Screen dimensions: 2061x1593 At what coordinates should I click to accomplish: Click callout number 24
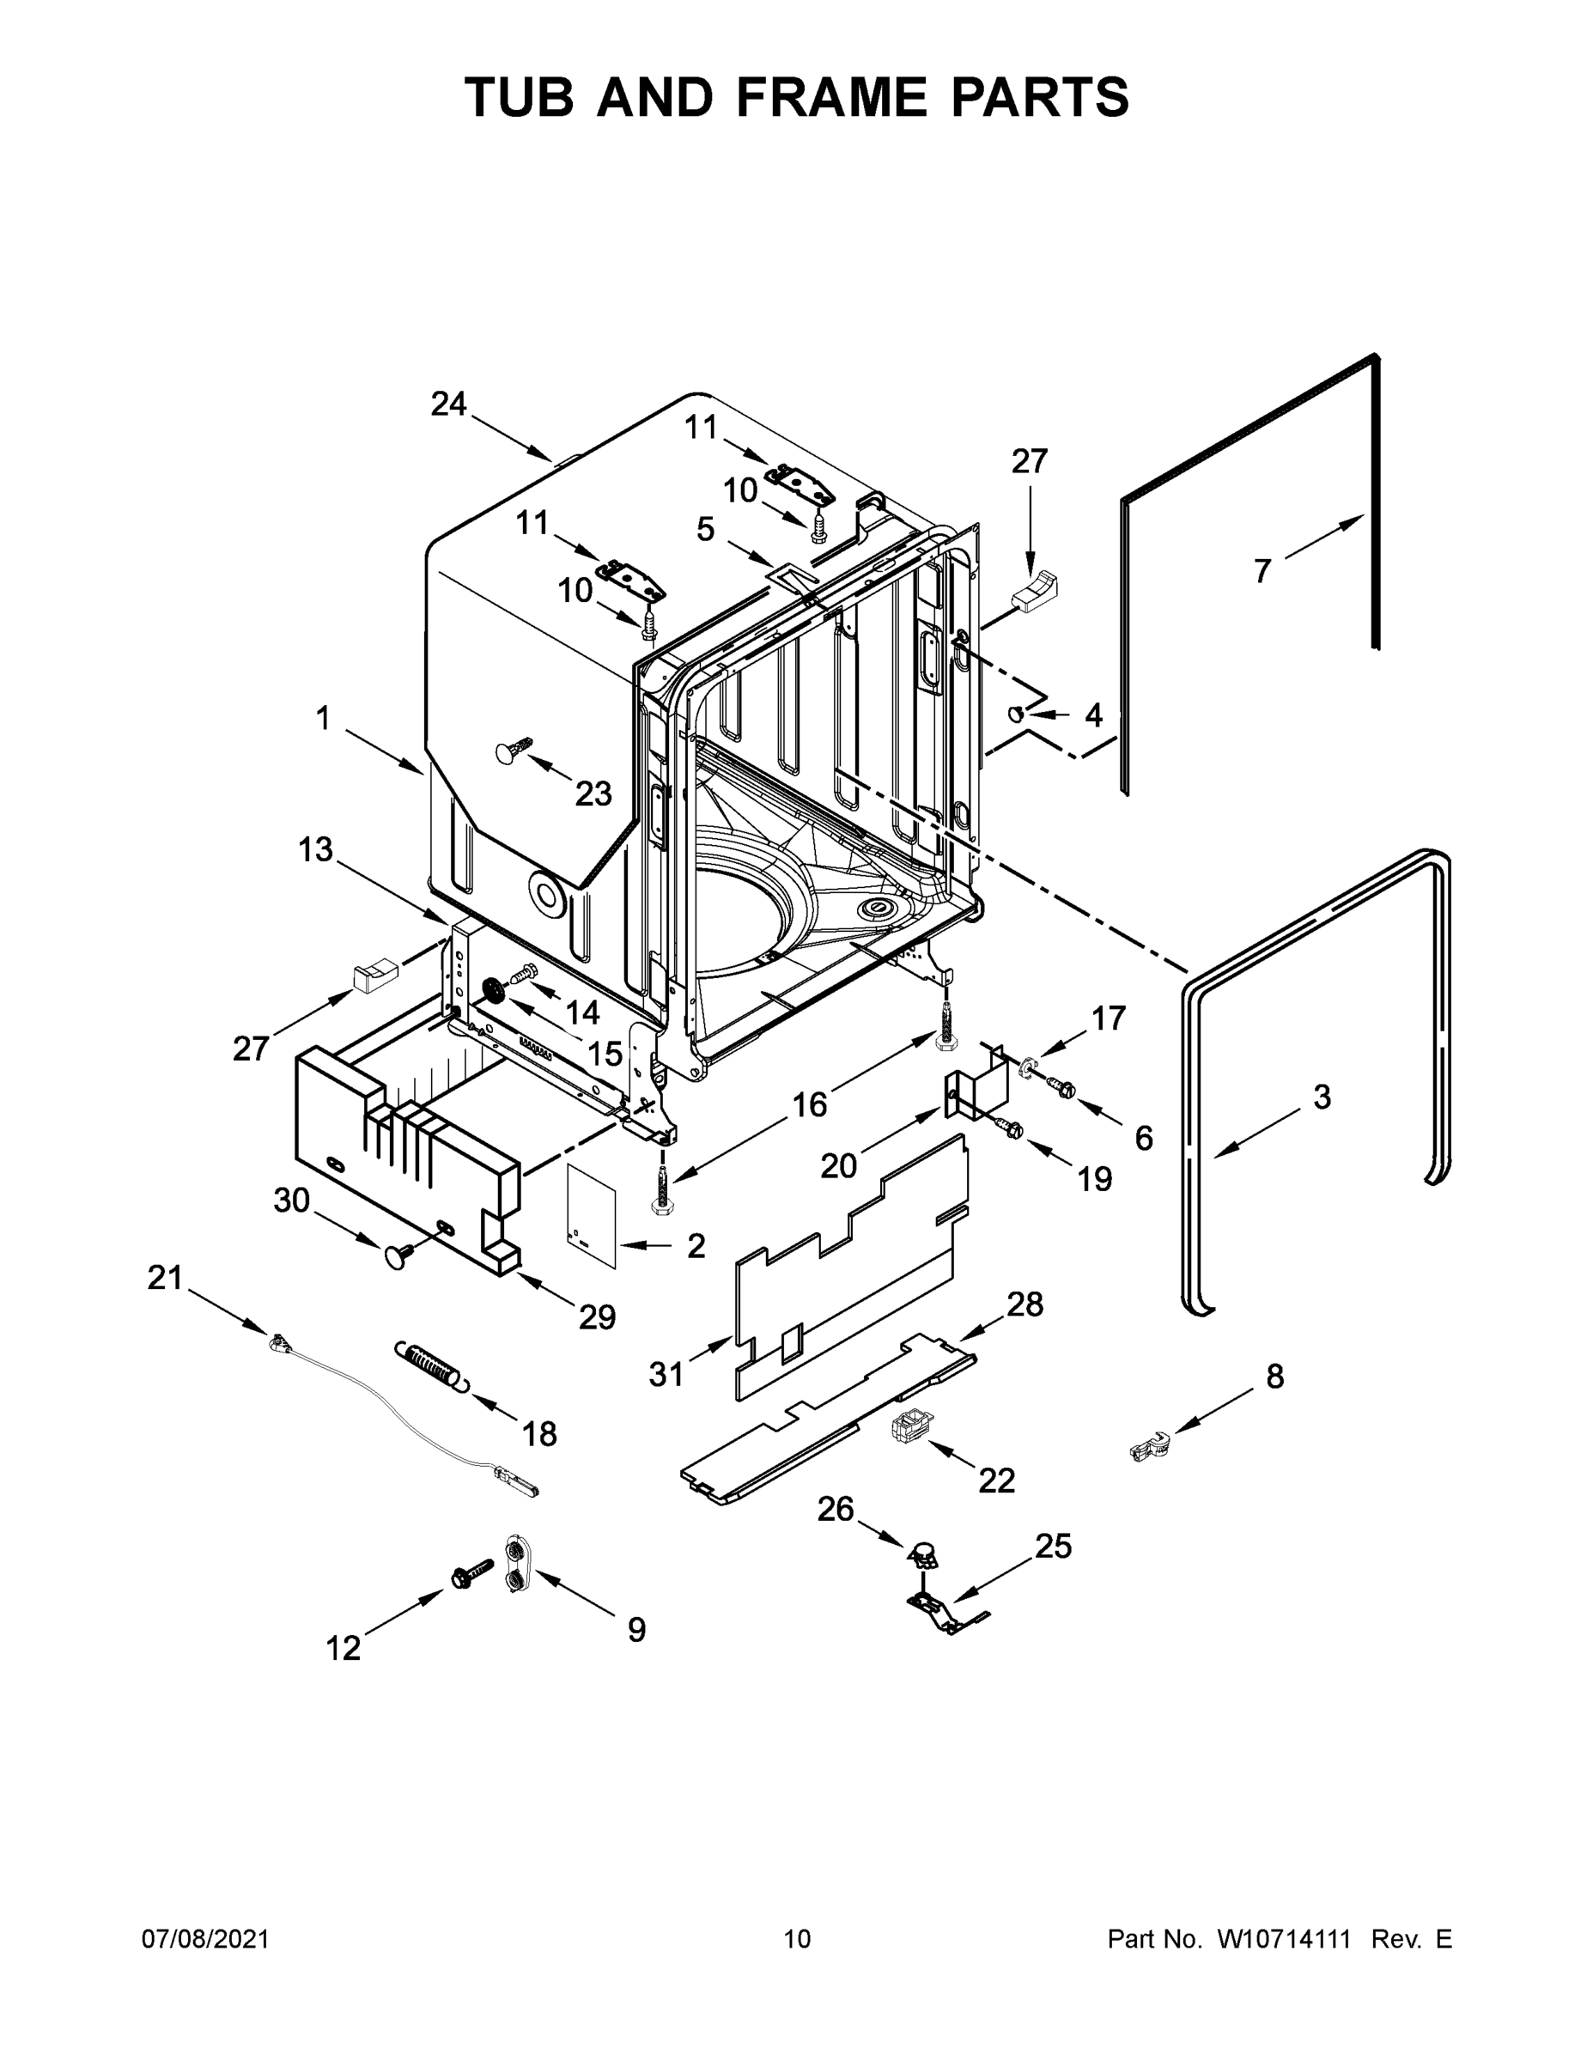(448, 404)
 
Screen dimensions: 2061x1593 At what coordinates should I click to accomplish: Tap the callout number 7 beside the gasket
(1262, 570)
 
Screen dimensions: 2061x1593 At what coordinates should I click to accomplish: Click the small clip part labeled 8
(1150, 1444)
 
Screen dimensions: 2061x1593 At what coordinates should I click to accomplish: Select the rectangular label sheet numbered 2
(592, 1214)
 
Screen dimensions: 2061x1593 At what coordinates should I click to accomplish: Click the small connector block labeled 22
(908, 1422)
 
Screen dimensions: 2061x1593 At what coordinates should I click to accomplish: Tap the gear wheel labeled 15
(493, 991)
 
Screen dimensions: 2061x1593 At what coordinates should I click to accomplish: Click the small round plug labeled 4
(1017, 714)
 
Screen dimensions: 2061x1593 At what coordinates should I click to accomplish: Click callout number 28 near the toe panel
(1025, 1304)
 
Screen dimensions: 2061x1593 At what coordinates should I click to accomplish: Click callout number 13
(315, 849)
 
